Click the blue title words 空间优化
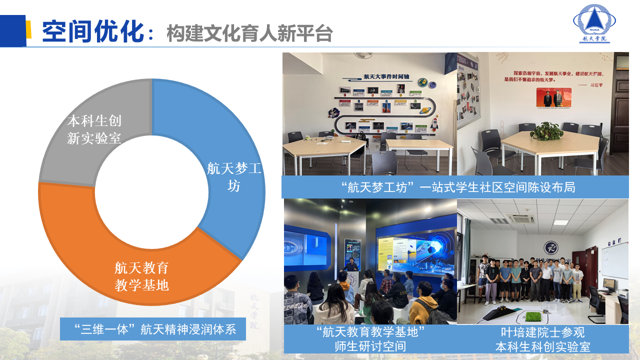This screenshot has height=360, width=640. (93, 32)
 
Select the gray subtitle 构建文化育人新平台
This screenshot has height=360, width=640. (249, 33)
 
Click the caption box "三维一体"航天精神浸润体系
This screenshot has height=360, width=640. (152, 329)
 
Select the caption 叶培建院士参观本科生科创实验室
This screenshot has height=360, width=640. (542, 339)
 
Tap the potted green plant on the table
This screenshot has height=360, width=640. (546, 131)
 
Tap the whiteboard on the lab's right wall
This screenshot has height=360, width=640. (614, 260)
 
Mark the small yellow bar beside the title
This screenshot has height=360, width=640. (29, 29)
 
